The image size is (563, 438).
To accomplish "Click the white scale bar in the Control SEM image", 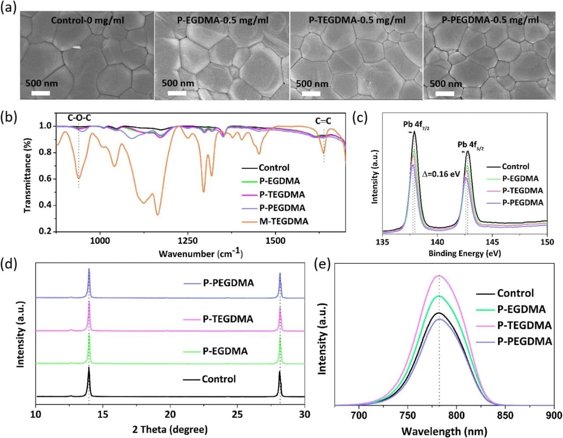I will [40, 93].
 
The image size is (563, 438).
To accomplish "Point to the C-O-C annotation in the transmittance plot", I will [80, 118].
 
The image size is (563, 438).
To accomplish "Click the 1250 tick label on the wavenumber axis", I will [188, 241].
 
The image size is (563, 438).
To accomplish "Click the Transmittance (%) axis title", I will [28, 174].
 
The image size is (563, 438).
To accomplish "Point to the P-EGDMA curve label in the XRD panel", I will [225, 351].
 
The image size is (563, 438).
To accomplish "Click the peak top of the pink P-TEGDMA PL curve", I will [439, 276].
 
